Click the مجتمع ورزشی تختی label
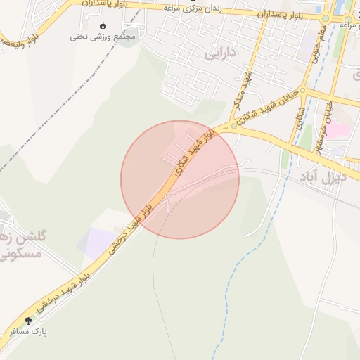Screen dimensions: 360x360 point(102,37)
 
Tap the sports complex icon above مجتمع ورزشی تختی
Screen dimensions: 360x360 point(103,26)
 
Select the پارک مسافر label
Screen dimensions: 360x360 point(28,329)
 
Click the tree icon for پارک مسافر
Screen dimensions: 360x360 point(29,320)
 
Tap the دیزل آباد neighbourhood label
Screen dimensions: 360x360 point(323,176)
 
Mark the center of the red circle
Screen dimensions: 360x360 point(180,179)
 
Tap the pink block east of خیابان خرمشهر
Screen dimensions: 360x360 point(340,131)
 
